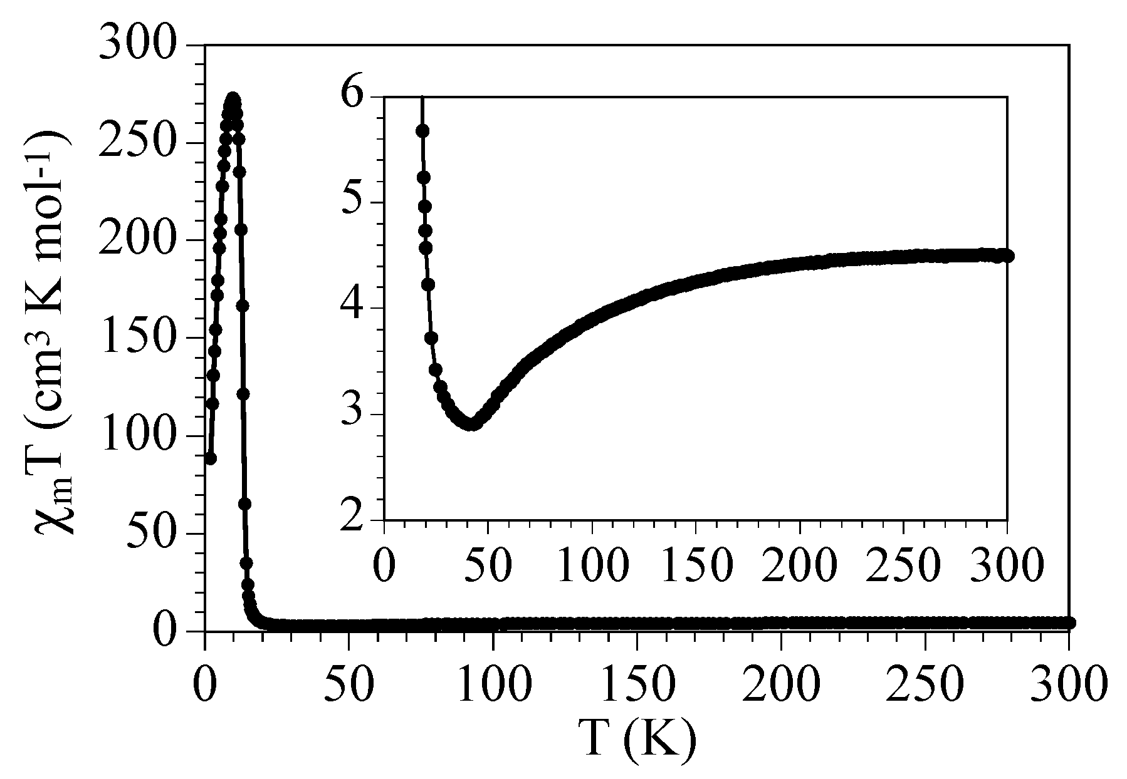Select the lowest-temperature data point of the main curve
(211, 458)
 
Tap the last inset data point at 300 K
(1007, 255)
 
